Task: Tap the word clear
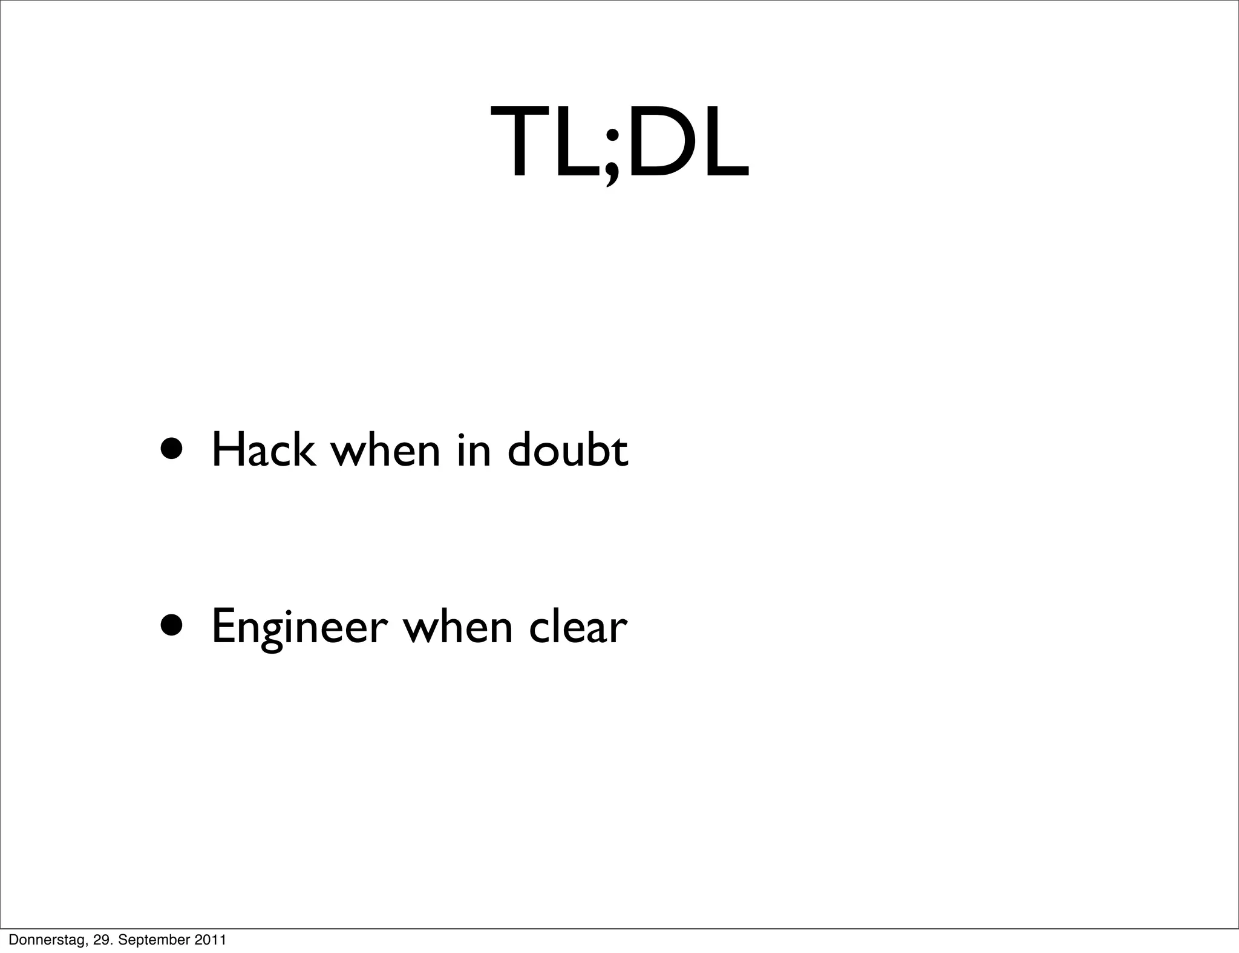578,627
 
